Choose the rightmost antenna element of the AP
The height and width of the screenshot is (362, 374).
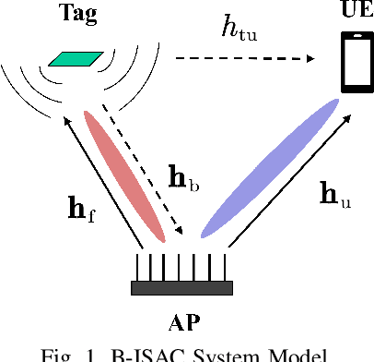tap(224, 265)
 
